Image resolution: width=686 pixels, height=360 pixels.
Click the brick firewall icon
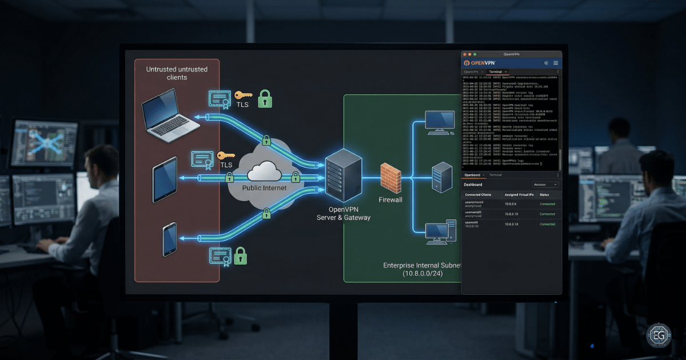(391, 178)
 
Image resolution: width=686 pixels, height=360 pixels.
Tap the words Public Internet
(264, 187)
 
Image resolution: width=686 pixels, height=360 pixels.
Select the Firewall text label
(390, 200)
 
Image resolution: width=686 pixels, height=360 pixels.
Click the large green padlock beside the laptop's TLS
(265, 98)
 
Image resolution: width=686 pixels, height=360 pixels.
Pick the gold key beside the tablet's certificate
(226, 155)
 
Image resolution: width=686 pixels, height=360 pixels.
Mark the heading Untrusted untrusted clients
(177, 73)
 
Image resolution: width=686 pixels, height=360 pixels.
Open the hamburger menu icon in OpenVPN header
(556, 63)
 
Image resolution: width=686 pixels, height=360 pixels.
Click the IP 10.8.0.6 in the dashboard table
(510, 204)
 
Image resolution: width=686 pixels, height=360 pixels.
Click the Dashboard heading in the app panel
(473, 185)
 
